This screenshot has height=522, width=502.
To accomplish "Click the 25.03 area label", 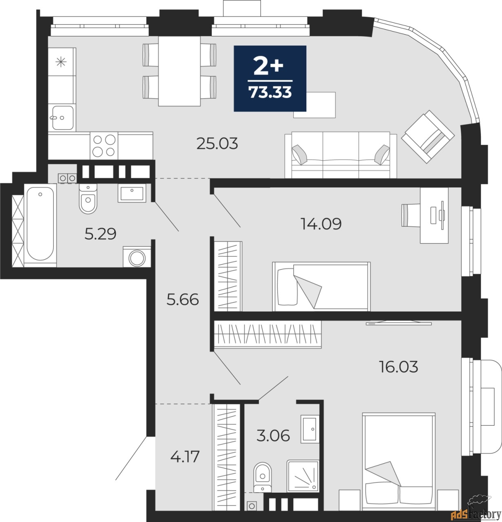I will [x=217, y=144].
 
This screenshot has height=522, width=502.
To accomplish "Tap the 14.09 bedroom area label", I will [x=321, y=223].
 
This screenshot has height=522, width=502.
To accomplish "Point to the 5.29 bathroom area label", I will [x=101, y=234].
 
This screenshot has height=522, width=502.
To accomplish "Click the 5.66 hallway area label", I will [x=183, y=300].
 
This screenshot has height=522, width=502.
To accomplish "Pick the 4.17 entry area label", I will [x=185, y=456].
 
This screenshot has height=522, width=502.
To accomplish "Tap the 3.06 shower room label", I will [x=273, y=436].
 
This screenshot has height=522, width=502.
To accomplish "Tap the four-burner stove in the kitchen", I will [x=104, y=146].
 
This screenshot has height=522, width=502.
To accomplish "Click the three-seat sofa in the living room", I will [x=341, y=155].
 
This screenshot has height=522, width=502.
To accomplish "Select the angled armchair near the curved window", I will [x=428, y=137].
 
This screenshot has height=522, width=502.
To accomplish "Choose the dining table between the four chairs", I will [x=179, y=71].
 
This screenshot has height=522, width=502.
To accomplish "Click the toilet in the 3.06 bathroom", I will [x=262, y=477].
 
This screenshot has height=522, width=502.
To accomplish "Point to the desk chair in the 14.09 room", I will [x=410, y=215].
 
